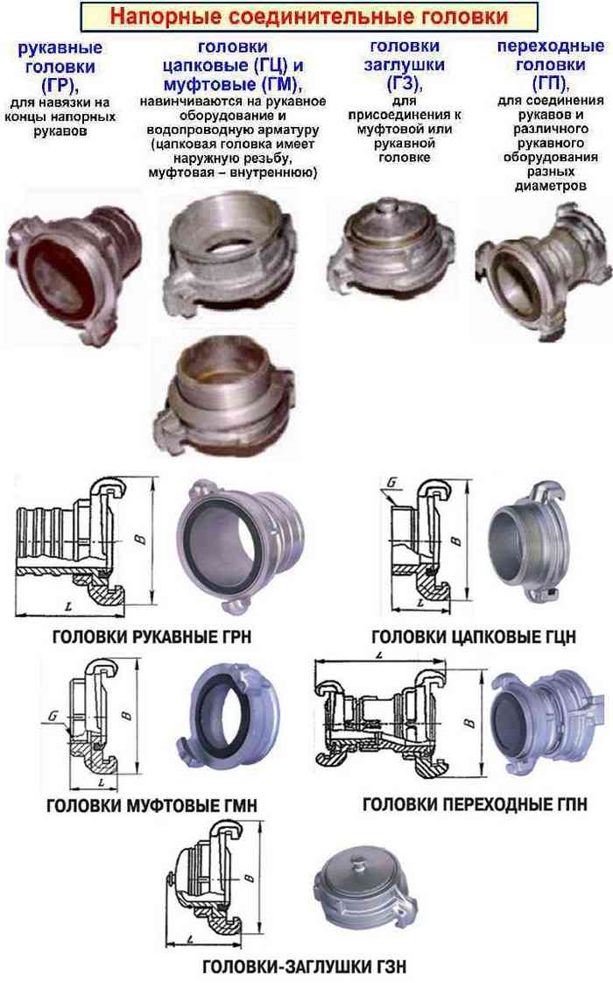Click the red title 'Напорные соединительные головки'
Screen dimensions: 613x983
click(x=309, y=17)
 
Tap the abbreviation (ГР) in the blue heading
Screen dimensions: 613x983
click(x=58, y=85)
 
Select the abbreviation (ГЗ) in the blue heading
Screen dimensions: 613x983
click(x=403, y=82)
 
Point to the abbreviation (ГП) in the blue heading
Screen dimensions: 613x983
click(x=549, y=82)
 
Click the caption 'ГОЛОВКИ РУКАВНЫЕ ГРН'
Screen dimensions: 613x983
click(x=151, y=637)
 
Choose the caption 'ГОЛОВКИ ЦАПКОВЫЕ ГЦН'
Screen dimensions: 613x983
click(x=474, y=637)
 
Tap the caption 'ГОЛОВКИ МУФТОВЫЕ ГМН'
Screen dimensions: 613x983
click(x=152, y=805)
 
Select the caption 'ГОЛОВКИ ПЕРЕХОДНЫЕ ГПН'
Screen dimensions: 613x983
click(x=476, y=804)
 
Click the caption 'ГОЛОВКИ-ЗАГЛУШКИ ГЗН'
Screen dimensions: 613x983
click(x=305, y=966)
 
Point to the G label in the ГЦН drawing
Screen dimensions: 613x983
click(x=392, y=483)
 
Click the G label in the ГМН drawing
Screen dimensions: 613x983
click(x=53, y=715)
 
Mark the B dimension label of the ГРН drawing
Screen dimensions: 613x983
click(x=142, y=537)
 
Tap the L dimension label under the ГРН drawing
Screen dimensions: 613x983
click(x=67, y=607)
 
